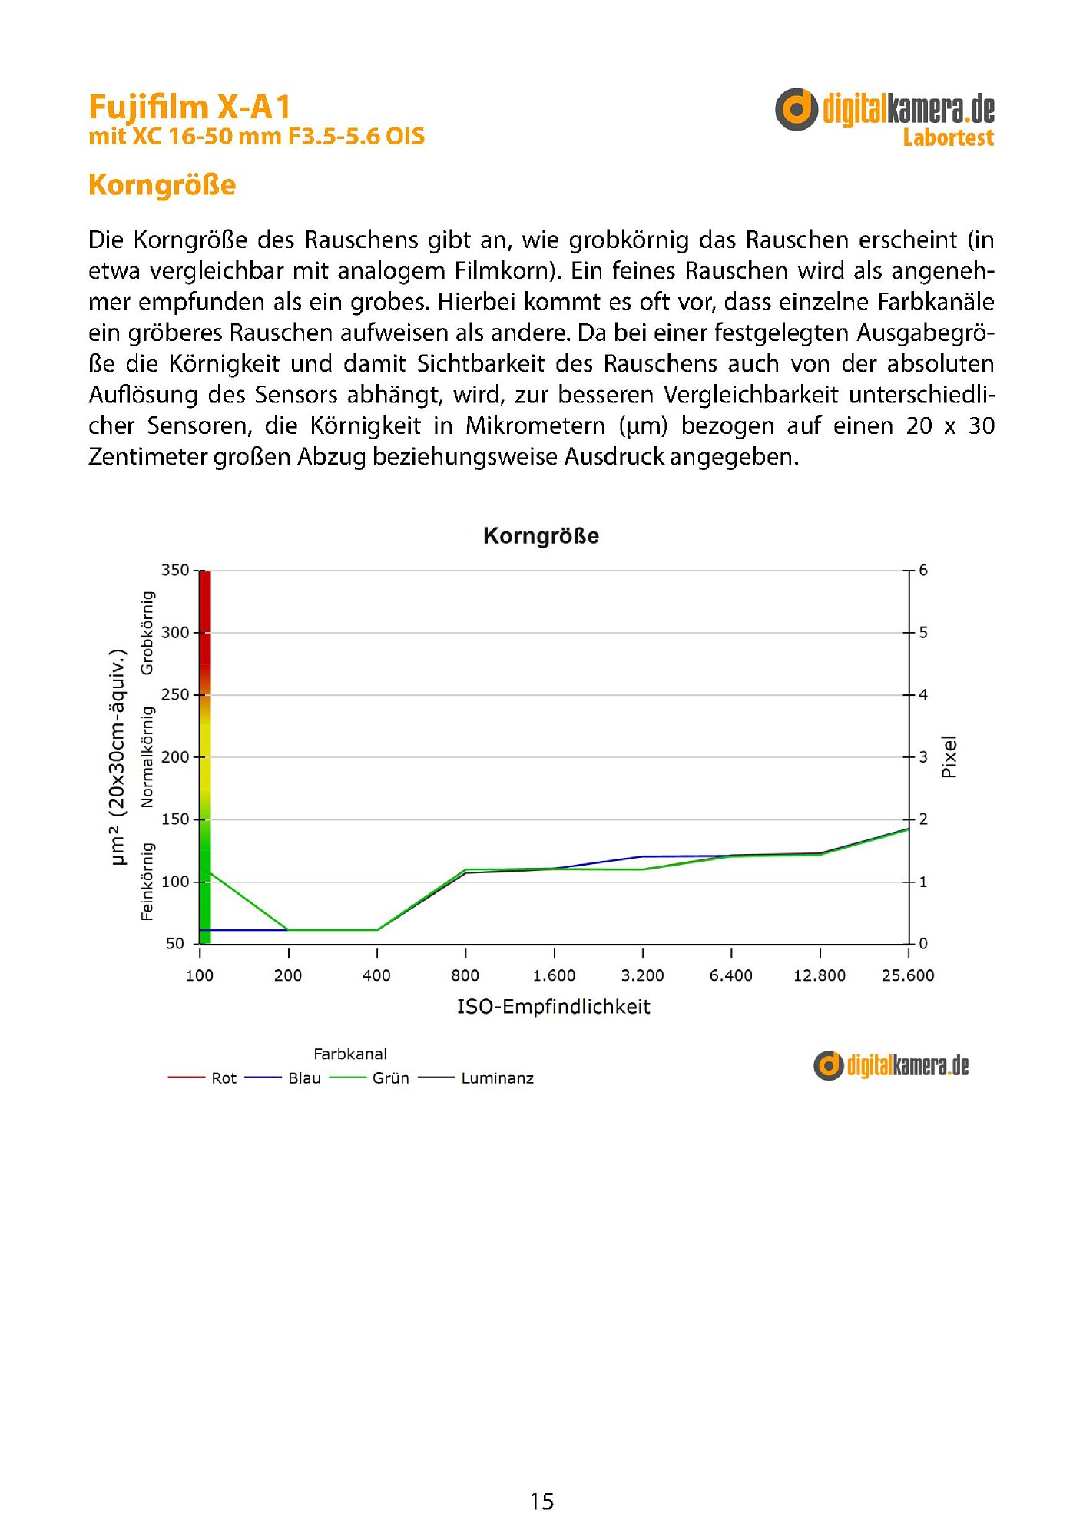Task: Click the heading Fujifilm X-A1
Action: (189, 108)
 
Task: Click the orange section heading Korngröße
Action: (162, 185)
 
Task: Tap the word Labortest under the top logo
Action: (948, 138)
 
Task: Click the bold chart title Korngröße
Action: (541, 536)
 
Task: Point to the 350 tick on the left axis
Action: (174, 570)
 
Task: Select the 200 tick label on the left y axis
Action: (174, 757)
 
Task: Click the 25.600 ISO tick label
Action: (908, 976)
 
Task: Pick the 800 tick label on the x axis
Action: (465, 976)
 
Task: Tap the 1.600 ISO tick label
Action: (554, 976)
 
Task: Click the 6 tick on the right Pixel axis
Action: (923, 571)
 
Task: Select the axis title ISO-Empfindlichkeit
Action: (553, 1007)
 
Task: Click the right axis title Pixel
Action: (949, 756)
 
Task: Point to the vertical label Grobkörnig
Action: (147, 633)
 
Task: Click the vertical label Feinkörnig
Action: (147, 881)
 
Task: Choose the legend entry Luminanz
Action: (496, 1078)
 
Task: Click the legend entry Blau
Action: (304, 1078)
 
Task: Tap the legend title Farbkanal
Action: (350, 1054)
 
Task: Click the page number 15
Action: (541, 1501)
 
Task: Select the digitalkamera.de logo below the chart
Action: (891, 1066)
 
